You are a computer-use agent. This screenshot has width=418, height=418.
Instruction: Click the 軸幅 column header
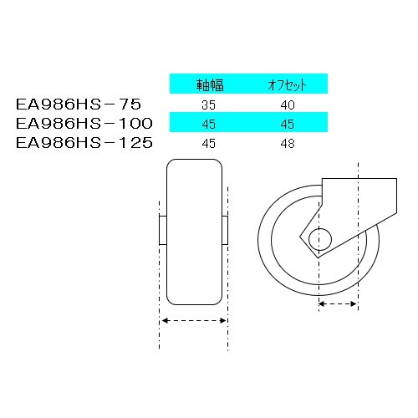(x=208, y=84)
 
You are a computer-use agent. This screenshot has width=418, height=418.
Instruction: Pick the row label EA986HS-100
(x=84, y=124)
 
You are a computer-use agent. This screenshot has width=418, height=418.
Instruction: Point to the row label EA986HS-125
(x=84, y=143)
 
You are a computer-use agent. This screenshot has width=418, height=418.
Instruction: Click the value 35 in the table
(x=209, y=105)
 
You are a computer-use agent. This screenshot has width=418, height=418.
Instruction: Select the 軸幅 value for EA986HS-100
(x=209, y=125)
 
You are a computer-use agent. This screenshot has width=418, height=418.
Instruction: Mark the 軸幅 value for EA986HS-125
(x=209, y=144)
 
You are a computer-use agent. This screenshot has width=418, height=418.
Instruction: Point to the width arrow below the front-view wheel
(x=193, y=321)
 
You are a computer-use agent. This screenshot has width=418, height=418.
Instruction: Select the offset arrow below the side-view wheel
(x=339, y=306)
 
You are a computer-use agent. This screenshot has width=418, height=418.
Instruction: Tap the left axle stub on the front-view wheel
(x=162, y=229)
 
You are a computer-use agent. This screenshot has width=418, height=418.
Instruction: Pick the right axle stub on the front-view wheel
(x=225, y=229)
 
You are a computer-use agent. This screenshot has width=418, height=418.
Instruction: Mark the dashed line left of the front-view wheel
(x=159, y=276)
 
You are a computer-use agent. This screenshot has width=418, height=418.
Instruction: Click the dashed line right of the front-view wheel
(x=227, y=276)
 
